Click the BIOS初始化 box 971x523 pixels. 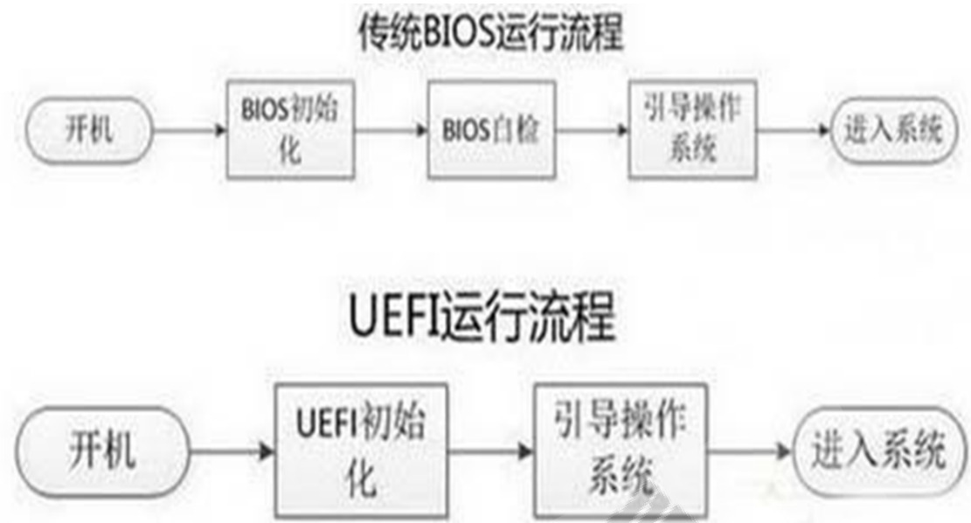tap(291, 130)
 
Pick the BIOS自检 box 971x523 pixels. tap(491, 130)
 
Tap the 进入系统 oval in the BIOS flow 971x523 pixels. tap(891, 132)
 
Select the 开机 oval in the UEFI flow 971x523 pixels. tap(101, 452)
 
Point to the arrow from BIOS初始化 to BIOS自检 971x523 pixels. tap(392, 132)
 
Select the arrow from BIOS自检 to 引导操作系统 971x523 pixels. tap(593, 132)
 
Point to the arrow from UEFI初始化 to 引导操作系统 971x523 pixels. tap(494, 452)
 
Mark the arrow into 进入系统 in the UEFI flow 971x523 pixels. tap(750, 452)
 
